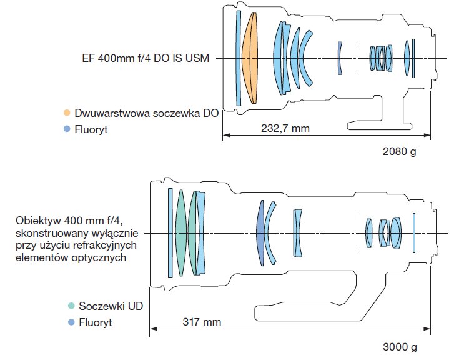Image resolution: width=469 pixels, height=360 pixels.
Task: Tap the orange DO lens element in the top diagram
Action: pos(250,58)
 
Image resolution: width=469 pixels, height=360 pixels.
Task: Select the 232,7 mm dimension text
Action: pos(285,127)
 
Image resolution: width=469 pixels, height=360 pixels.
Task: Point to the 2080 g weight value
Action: pos(399,151)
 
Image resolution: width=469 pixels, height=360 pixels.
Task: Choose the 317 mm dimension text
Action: pos(202,322)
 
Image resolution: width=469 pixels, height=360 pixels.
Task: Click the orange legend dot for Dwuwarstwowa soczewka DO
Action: pos(67,113)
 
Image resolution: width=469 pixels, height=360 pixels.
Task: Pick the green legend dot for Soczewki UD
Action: pos(71,306)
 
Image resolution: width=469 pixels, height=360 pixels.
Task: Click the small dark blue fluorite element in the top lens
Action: pos(340,58)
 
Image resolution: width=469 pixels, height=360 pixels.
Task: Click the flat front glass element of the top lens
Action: pos(238,58)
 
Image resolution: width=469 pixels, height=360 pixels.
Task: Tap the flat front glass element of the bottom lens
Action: pos(169,232)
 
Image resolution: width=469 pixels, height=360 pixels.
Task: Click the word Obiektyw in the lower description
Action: pos(37,220)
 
